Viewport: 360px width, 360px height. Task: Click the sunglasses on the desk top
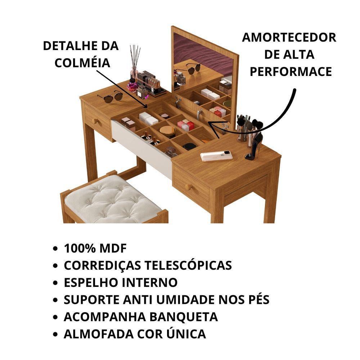(110, 97)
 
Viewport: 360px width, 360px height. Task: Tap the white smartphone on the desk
(216, 156)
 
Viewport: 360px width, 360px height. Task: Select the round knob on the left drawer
(95, 121)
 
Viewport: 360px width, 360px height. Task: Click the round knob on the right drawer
(188, 187)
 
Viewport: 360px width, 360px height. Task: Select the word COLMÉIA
(82, 63)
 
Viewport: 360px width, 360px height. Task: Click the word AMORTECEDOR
(289, 37)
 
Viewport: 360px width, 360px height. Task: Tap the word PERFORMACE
(291, 71)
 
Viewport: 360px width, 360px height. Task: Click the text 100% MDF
(95, 248)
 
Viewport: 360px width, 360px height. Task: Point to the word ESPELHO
(91, 283)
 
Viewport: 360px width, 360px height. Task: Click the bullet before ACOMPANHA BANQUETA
(55, 317)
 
